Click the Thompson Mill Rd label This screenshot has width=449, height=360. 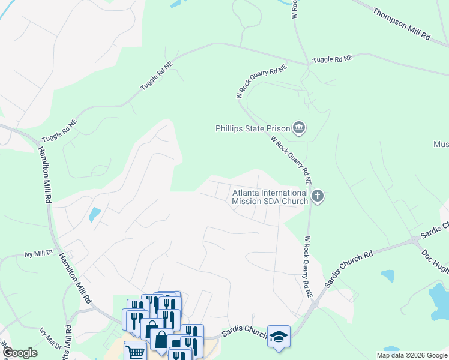[x=402, y=25]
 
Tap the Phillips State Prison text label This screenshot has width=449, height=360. [x=252, y=128]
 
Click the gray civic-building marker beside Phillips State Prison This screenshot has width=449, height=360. [x=298, y=128]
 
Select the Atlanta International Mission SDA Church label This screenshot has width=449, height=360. [x=270, y=197]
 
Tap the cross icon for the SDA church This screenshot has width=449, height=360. [x=318, y=196]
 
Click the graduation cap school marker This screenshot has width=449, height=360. [x=279, y=336]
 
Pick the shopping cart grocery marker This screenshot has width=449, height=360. [x=136, y=352]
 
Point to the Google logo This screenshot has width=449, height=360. [x=19, y=353]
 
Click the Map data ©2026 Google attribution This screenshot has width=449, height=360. [x=411, y=355]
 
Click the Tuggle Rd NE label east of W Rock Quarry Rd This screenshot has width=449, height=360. [x=333, y=59]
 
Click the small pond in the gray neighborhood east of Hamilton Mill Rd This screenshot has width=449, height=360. [x=95, y=214]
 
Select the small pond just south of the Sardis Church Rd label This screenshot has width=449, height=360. [x=387, y=276]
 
